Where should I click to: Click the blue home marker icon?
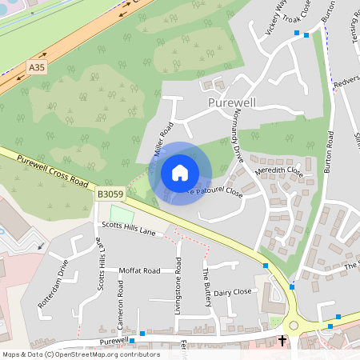[x=180, y=172]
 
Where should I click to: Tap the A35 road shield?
[x=37, y=69]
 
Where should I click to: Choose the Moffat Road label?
[x=140, y=271]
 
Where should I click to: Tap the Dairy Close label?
[x=232, y=292]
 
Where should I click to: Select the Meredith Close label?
[x=278, y=170]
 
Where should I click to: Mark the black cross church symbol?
[x=282, y=341]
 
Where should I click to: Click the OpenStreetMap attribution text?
[x=80, y=354]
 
